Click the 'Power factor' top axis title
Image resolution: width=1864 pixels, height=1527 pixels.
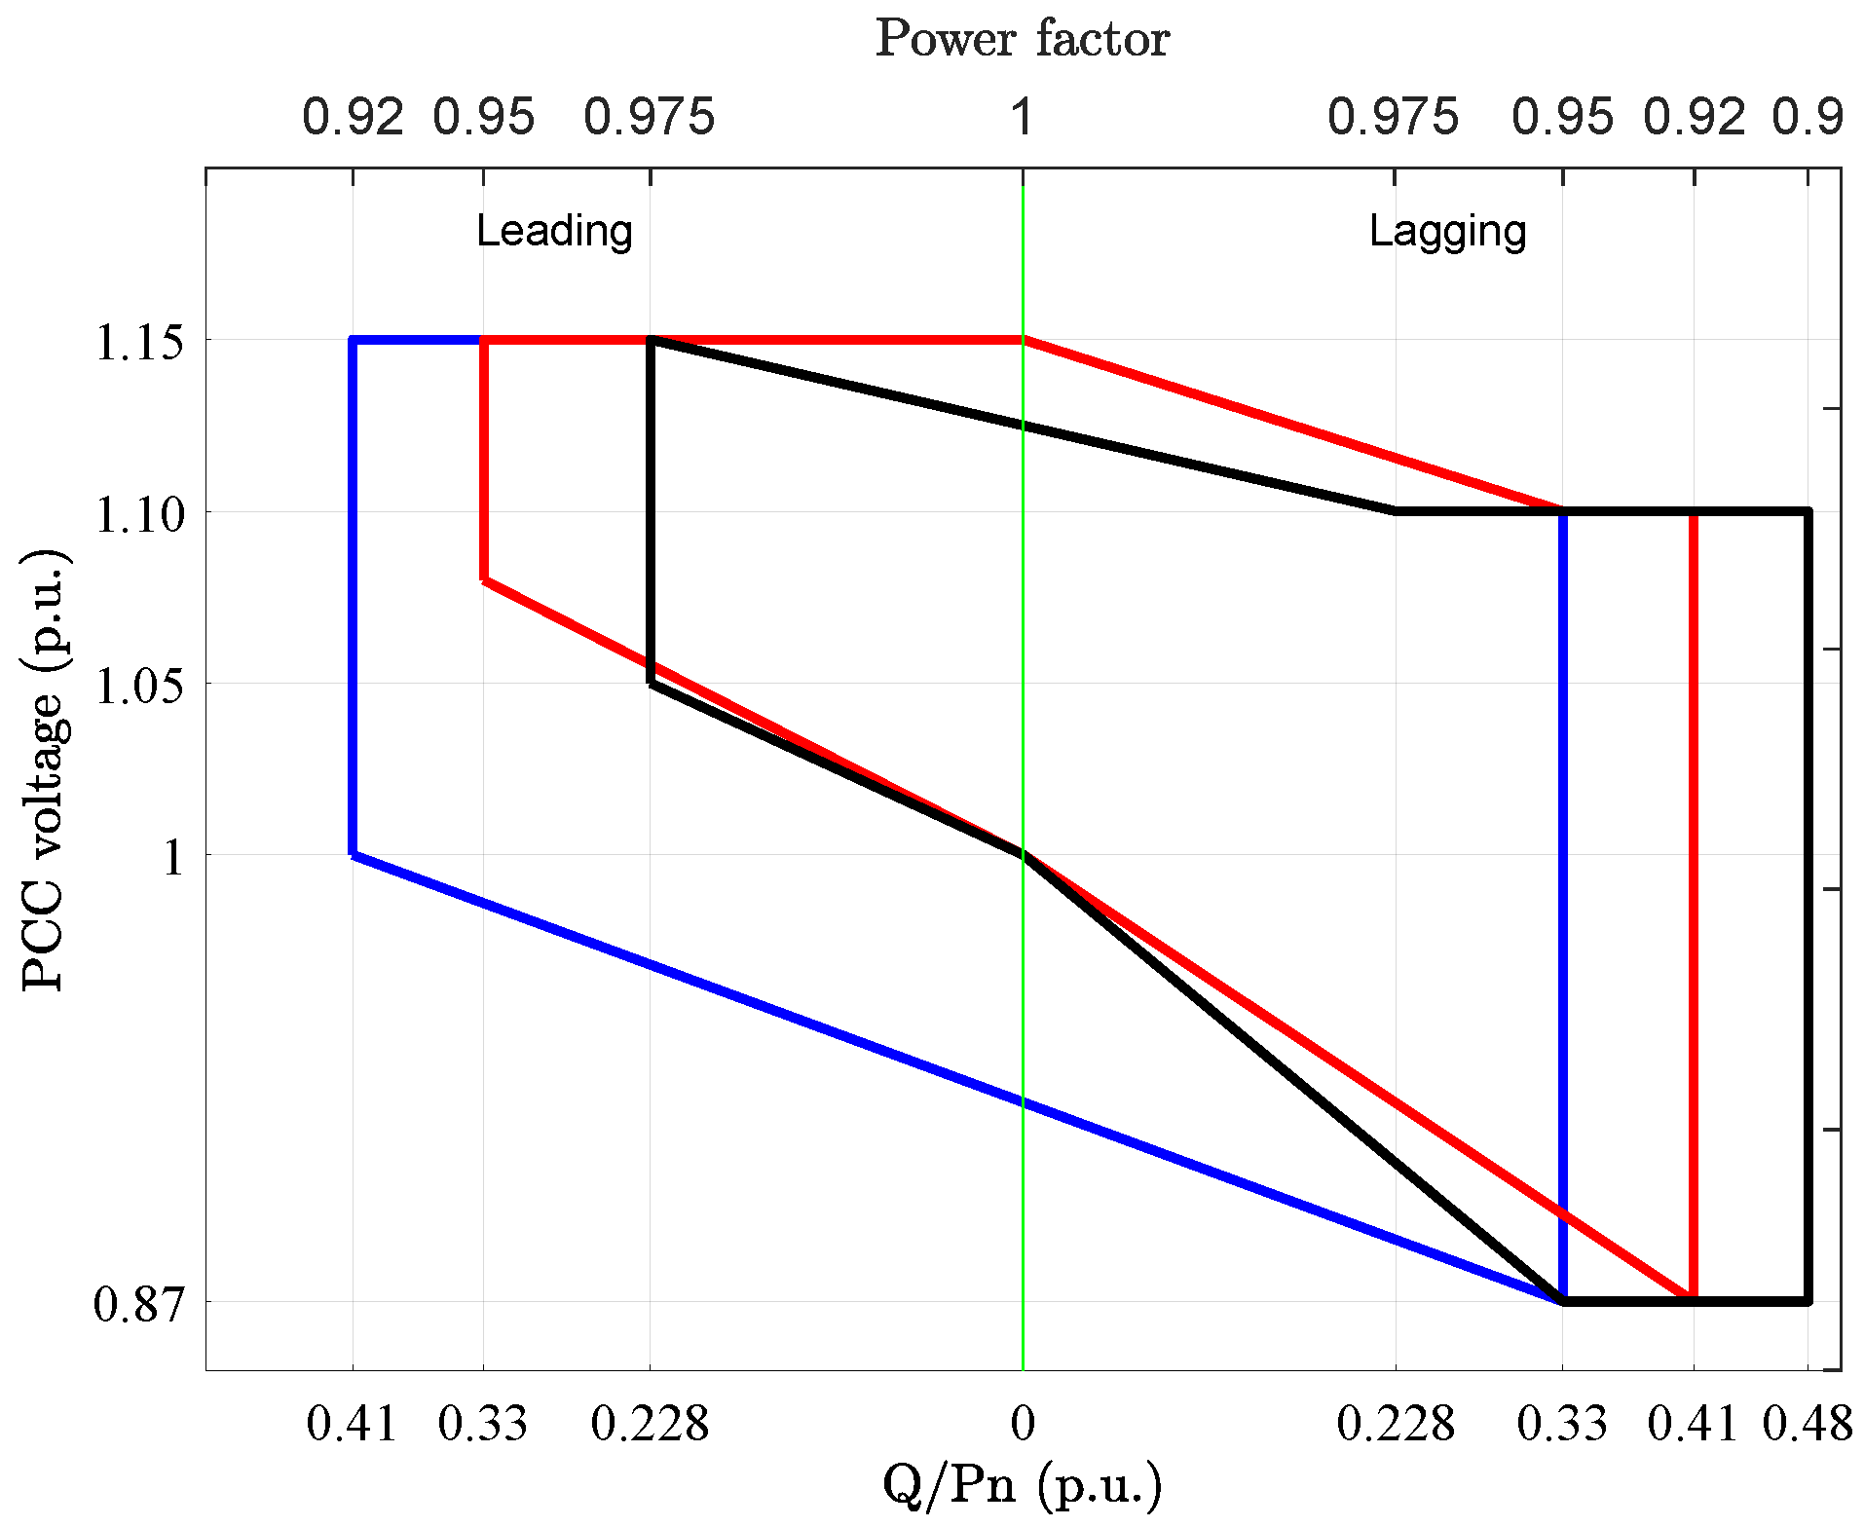click(x=1022, y=40)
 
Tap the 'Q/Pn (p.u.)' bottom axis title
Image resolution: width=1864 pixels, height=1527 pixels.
click(x=1022, y=1486)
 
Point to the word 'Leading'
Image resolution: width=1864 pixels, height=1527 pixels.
click(x=554, y=231)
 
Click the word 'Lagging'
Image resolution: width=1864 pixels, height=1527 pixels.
click(x=1447, y=231)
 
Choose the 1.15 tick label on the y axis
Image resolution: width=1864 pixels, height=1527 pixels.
click(x=139, y=343)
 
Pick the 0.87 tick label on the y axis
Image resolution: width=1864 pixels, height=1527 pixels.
click(x=139, y=1304)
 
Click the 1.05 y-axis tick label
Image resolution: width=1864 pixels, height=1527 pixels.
click(x=139, y=686)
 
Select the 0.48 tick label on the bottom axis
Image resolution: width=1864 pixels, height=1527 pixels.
click(x=1808, y=1424)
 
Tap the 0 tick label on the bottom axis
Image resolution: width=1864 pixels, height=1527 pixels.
click(x=1023, y=1424)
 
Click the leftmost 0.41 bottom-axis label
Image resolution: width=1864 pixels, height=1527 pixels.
click(x=353, y=1424)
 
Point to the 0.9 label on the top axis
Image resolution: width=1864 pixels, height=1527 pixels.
click(x=1808, y=118)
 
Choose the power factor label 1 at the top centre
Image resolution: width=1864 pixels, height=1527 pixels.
click(x=1021, y=118)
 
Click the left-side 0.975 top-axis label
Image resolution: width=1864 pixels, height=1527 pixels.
click(x=650, y=118)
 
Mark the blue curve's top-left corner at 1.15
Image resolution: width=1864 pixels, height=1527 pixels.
click(x=353, y=340)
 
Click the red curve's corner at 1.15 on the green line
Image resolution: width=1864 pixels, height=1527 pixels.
click(x=1023, y=340)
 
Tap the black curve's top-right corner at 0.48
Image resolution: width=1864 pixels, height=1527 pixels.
click(x=1808, y=511)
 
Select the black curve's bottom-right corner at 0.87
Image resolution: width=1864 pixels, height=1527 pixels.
click(x=1808, y=1300)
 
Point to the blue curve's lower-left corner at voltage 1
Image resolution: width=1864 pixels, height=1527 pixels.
click(x=353, y=854)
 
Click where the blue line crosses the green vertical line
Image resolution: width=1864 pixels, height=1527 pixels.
click(x=1023, y=1102)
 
